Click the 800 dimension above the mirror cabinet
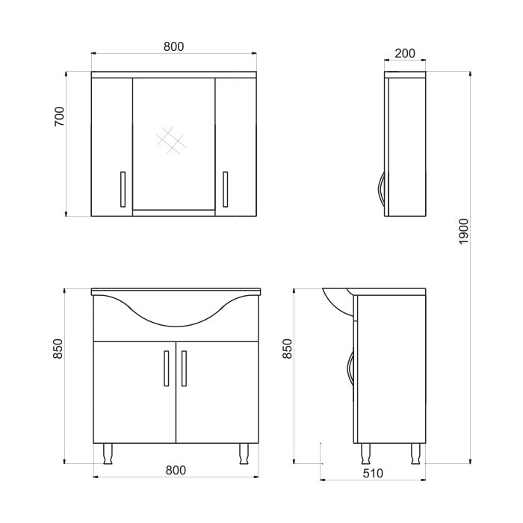pyautogui.click(x=173, y=46)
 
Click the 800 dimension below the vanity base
pyautogui.click(x=176, y=470)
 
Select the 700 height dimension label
pyautogui.click(x=59, y=117)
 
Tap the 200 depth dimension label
pyautogui.click(x=405, y=53)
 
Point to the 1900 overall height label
pyautogui.click(x=464, y=232)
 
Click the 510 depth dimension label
pyautogui.click(x=373, y=473)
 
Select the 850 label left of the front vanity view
pyautogui.click(x=58, y=349)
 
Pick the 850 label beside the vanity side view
pyautogui.click(x=287, y=349)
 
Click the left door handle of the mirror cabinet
pyautogui.click(x=123, y=189)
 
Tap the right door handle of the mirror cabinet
pyautogui.click(x=226, y=189)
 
